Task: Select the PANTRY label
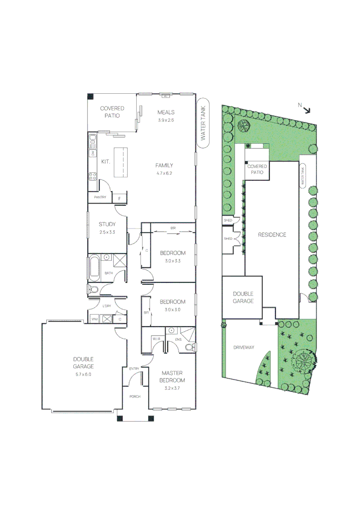pyautogui.click(x=100, y=197)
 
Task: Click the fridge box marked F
pyautogui.click(x=119, y=198)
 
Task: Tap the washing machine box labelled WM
pyautogui.click(x=94, y=318)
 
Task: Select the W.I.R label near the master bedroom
pyautogui.click(x=156, y=339)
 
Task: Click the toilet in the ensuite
pyautogui.click(x=190, y=348)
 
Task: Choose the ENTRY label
pyautogui.click(x=134, y=369)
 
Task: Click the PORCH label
pyautogui.click(x=134, y=396)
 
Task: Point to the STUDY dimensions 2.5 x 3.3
pyautogui.click(x=107, y=232)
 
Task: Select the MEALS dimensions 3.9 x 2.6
pyautogui.click(x=166, y=120)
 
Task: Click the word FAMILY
pyautogui.click(x=163, y=165)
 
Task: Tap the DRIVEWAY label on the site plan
pyautogui.click(x=244, y=347)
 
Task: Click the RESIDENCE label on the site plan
pyautogui.click(x=272, y=235)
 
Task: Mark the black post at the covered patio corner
pyautogui.click(x=90, y=96)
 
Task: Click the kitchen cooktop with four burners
pyautogui.click(x=91, y=176)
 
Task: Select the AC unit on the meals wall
pyautogui.click(x=165, y=95)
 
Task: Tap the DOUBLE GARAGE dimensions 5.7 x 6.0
pyautogui.click(x=83, y=375)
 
